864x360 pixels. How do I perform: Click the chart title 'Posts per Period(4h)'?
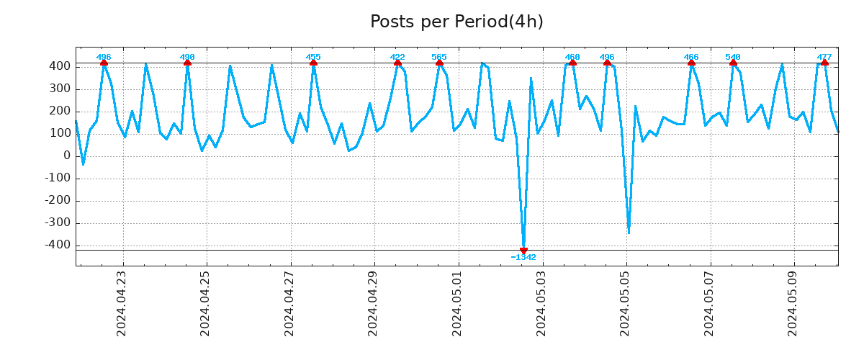click(456, 22)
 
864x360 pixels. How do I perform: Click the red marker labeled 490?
click(187, 63)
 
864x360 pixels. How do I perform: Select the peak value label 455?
click(313, 57)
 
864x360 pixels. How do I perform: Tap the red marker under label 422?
click(397, 63)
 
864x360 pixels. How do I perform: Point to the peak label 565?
click(439, 57)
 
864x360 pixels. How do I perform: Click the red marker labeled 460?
click(572, 63)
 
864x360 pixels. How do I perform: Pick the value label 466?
click(691, 57)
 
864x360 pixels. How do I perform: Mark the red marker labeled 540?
click(733, 63)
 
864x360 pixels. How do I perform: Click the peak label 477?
click(824, 57)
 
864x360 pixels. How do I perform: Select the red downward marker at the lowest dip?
click(523, 251)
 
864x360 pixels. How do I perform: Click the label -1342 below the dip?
click(523, 257)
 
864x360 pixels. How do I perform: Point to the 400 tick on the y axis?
click(60, 66)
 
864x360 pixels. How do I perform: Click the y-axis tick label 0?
click(67, 156)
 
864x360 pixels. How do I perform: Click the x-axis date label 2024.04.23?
click(122, 303)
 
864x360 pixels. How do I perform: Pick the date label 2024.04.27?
click(289, 303)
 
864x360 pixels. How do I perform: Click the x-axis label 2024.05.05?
click(626, 303)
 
